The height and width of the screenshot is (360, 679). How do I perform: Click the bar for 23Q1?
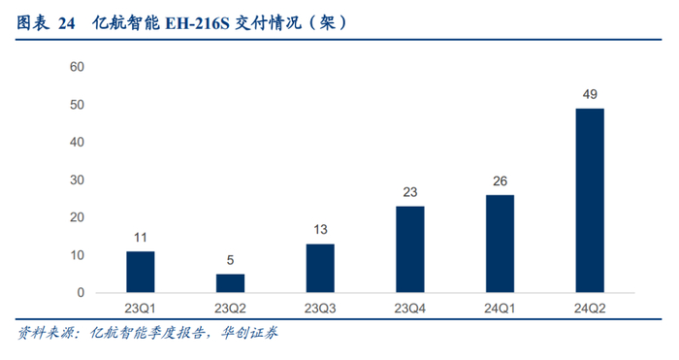[x=141, y=272]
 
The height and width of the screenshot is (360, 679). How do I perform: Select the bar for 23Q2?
[x=231, y=283]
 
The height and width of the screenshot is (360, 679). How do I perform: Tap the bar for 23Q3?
[x=320, y=269]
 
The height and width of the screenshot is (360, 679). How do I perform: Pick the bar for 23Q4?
[x=410, y=249]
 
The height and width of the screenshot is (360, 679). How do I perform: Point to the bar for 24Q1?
[x=501, y=244]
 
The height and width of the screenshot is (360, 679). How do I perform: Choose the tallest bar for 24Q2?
[x=590, y=201]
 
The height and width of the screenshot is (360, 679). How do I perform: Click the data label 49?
[x=590, y=94]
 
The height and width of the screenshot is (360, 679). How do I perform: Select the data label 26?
[x=501, y=181]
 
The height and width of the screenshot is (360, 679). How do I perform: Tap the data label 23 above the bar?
[x=410, y=192]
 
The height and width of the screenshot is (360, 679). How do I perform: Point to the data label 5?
[x=231, y=260]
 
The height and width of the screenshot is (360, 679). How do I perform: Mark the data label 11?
[x=141, y=238]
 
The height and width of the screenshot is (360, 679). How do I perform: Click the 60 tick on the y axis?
[x=77, y=67]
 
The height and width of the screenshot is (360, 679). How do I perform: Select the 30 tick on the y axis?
[x=77, y=180]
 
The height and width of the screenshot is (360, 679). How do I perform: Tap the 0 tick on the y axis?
[x=81, y=293]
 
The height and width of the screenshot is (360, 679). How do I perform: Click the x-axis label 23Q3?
[x=320, y=309]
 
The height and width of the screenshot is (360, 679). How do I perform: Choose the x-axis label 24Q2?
[x=590, y=309]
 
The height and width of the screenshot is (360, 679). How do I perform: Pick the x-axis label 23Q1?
[x=140, y=309]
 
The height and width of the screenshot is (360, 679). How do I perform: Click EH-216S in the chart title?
[x=198, y=23]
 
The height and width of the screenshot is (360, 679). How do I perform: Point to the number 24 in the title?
[x=67, y=23]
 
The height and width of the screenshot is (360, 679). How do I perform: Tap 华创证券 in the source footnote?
[x=249, y=333]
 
